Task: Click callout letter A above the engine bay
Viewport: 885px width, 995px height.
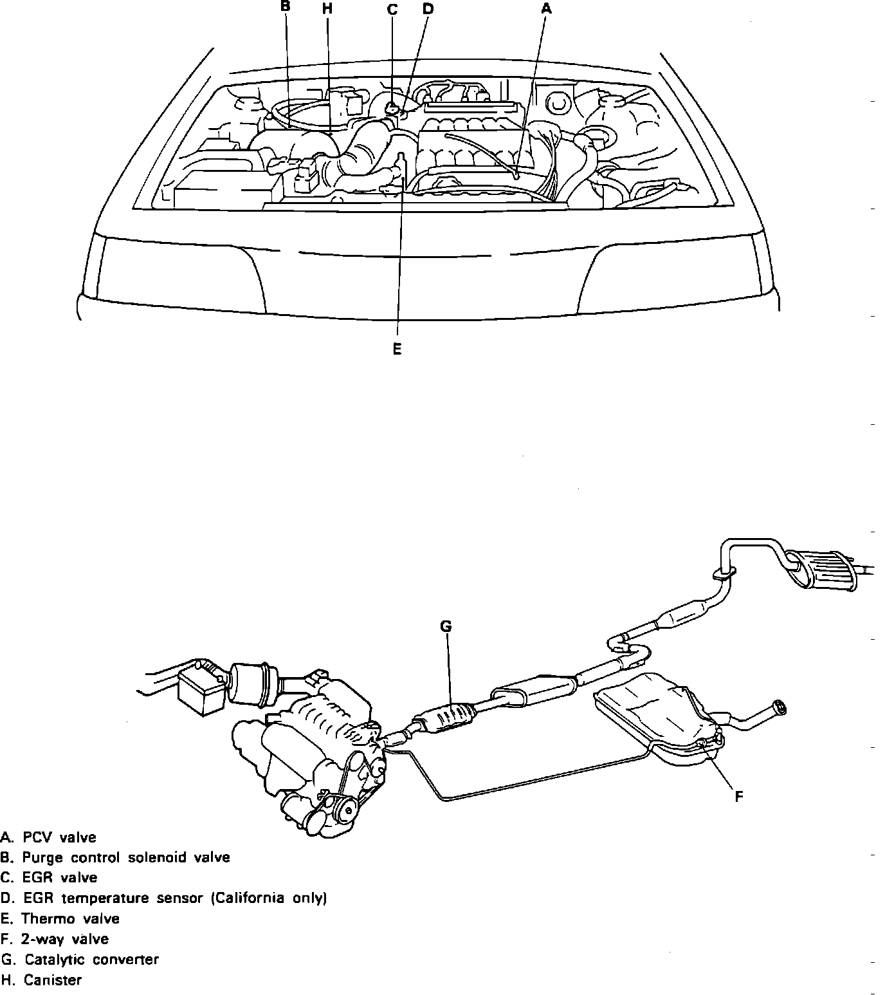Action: (x=546, y=8)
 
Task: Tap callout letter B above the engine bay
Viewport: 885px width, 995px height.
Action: (x=286, y=6)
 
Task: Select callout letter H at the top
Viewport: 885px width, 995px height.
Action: (x=327, y=8)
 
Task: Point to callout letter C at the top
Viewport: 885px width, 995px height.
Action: (x=392, y=9)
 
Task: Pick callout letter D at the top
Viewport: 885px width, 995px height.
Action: (x=428, y=8)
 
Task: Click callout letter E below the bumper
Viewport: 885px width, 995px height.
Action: (x=397, y=349)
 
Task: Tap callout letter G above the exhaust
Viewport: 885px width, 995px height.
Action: (x=446, y=626)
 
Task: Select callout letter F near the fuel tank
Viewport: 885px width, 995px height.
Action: (x=739, y=796)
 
